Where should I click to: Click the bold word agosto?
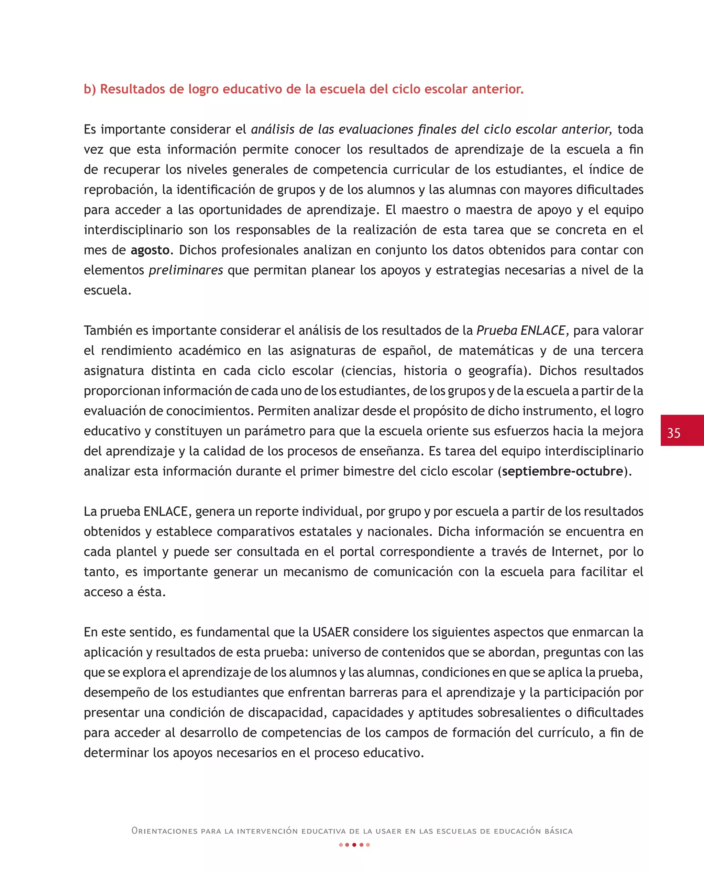coord(150,250)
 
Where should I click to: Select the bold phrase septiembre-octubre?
coord(562,471)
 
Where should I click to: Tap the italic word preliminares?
coord(186,270)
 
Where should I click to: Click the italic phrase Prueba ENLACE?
coord(520,330)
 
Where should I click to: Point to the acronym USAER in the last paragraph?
coord(330,632)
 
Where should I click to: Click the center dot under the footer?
coord(354,845)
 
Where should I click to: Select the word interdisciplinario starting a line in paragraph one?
coord(133,230)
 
